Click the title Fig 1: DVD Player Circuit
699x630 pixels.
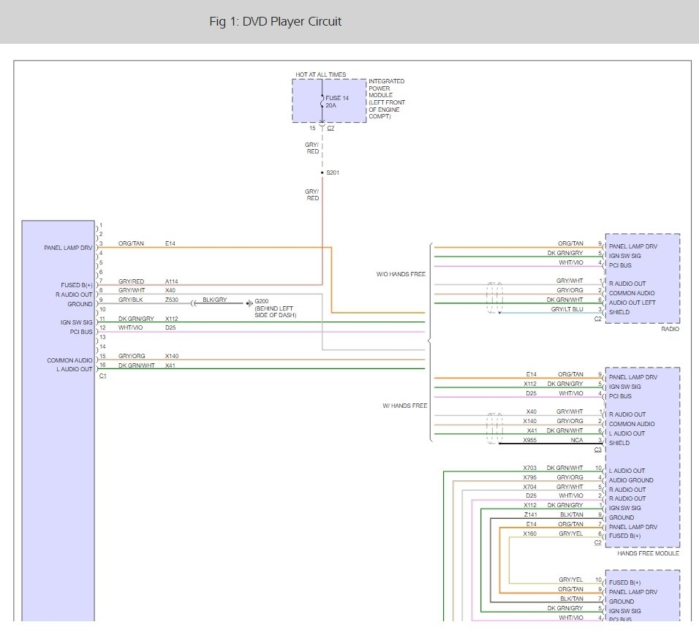(275, 22)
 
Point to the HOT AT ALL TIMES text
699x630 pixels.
(320, 75)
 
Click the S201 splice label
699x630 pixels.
(333, 172)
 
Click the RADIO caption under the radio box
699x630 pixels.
(669, 329)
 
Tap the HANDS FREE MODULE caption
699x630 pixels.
(649, 553)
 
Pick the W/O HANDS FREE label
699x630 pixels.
(401, 275)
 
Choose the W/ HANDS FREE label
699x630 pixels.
(404, 405)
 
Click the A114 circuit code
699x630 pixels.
(172, 281)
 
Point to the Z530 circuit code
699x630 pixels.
(172, 300)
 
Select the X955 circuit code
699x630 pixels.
(530, 441)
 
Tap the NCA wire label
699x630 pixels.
(578, 441)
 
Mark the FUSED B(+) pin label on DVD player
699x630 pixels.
(77, 284)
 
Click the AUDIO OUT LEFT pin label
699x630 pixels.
(633, 303)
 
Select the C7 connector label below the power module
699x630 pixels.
(331, 128)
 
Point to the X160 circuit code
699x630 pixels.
(530, 534)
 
